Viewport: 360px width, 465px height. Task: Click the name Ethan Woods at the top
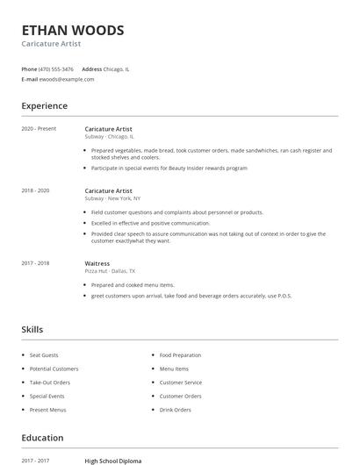(73, 30)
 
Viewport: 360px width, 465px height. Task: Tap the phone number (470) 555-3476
(57, 68)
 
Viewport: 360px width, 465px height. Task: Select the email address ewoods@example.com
(67, 79)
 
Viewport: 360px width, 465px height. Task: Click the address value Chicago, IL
(118, 68)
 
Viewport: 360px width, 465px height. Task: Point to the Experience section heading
(44, 106)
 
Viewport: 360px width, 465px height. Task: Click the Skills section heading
(32, 330)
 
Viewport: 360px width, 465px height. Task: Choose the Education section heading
(42, 438)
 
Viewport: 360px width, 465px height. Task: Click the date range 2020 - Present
(39, 129)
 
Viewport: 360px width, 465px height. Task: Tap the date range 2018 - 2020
(36, 190)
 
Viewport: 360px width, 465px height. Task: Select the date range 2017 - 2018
(36, 263)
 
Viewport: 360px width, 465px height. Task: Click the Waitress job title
(97, 263)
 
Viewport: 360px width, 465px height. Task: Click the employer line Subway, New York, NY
(112, 198)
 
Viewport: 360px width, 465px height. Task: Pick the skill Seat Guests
(44, 355)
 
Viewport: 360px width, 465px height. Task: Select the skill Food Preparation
(180, 355)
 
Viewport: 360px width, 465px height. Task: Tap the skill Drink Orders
(175, 410)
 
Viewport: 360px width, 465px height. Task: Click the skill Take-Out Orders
(49, 383)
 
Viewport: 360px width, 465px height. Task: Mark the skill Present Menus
(47, 410)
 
